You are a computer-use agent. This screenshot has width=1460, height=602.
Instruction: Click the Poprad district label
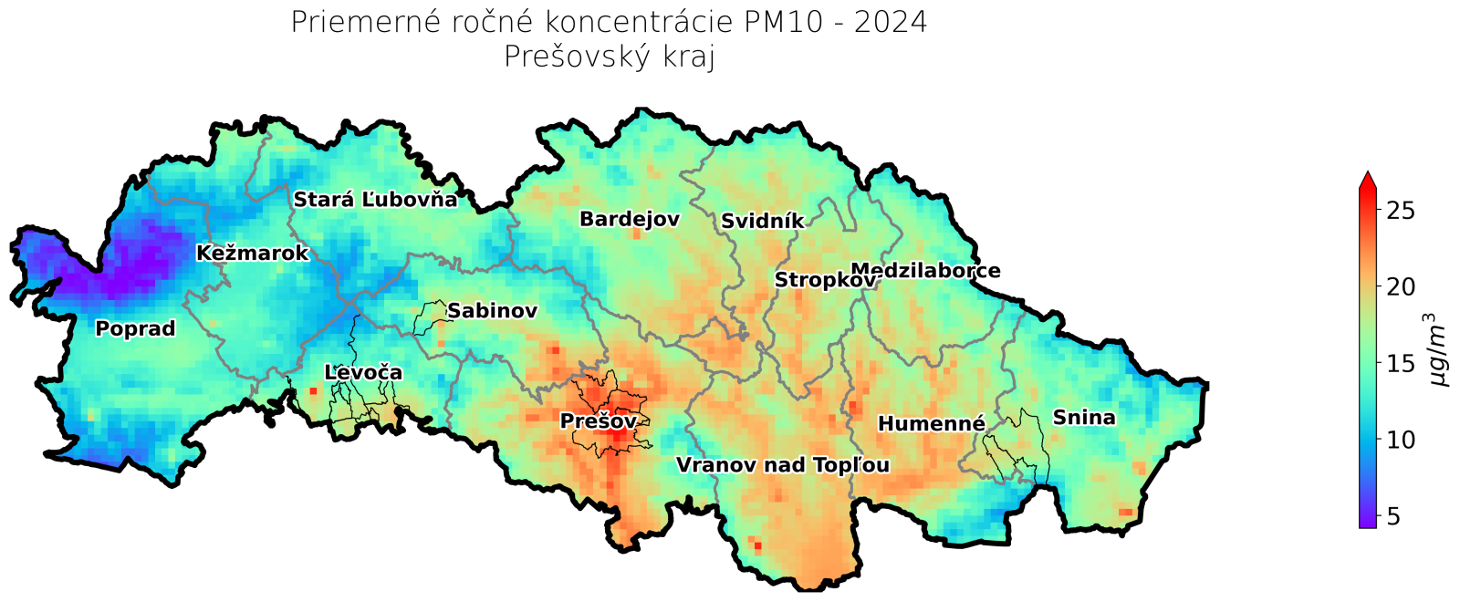[x=135, y=329]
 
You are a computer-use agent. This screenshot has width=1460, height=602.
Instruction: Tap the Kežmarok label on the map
[x=253, y=254]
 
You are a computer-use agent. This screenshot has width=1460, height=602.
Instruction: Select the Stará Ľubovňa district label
[x=374, y=200]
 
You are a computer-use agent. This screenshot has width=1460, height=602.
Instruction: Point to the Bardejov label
[x=630, y=220]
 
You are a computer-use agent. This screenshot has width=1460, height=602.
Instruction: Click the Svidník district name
[x=763, y=222]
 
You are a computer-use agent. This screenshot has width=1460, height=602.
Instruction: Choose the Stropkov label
[x=824, y=281]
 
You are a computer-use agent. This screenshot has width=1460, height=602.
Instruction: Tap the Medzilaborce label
[x=925, y=271]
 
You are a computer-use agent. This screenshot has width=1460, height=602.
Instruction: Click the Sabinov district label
[x=492, y=311]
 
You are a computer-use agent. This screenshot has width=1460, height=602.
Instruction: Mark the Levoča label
[x=363, y=373]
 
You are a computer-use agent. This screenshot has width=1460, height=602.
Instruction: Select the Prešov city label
[x=599, y=421]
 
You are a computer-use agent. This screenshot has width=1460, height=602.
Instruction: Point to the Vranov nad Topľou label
[x=782, y=466]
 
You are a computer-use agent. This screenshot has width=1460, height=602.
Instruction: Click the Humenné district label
[x=932, y=424]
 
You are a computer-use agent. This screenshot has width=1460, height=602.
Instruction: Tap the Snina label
[x=1084, y=418]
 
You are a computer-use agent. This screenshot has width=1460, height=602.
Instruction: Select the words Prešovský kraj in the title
[x=610, y=57]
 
